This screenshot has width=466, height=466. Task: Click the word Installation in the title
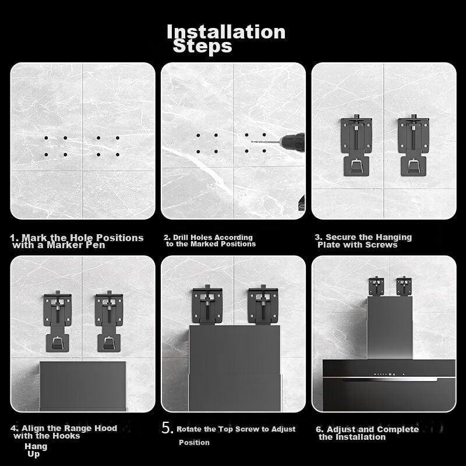[226, 31]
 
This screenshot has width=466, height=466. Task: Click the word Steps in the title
[202, 46]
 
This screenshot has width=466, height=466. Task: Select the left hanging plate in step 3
[356, 145]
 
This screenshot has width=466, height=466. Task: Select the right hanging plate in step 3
[414, 145]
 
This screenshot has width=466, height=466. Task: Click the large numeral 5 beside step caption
[167, 428]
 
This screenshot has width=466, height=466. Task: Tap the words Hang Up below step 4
[36, 450]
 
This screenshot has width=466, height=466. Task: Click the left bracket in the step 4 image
[58, 322]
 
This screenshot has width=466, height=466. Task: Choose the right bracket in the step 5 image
[263, 305]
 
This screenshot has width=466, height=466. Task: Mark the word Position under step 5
[194, 443]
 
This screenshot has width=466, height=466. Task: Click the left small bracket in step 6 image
[376, 286]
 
